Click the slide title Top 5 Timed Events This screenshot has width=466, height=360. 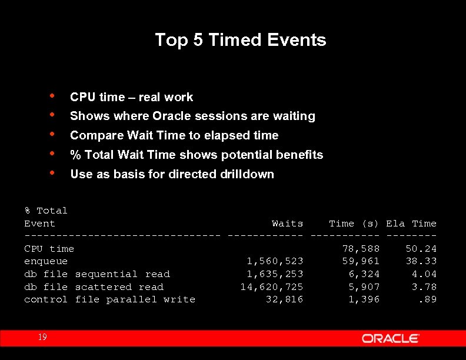(240, 40)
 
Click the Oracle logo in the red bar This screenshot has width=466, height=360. (390, 338)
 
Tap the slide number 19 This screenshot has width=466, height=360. (42, 337)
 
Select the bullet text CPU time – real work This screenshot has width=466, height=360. (131, 97)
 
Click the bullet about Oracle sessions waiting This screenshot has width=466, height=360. (192, 116)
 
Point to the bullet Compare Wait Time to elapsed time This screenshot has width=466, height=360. (174, 135)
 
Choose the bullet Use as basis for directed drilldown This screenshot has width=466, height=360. (172, 174)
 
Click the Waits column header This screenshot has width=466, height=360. (287, 224)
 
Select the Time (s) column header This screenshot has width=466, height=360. (354, 224)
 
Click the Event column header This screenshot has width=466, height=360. (39, 224)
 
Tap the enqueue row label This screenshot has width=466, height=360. (46, 261)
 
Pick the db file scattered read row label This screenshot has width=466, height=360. (94, 287)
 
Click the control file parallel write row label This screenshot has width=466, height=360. (109, 299)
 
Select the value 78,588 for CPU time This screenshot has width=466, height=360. (361, 249)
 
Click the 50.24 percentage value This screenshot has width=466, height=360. (421, 249)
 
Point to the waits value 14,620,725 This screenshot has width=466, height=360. (271, 287)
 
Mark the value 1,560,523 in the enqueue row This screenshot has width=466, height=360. (275, 261)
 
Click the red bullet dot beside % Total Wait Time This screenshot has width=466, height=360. (53, 154)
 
